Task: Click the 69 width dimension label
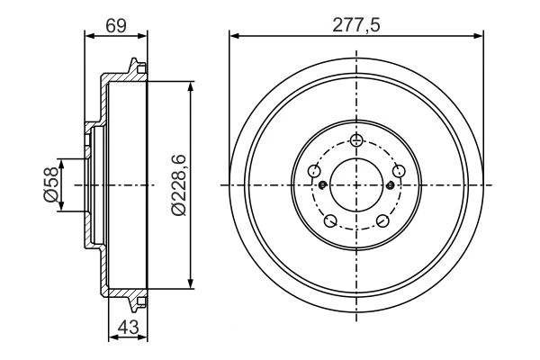[x=116, y=26]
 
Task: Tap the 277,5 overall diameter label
[x=356, y=25]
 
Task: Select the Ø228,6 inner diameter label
[x=178, y=185]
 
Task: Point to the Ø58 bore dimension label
[x=50, y=185]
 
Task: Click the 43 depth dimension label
[x=128, y=327]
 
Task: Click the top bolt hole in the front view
[x=356, y=139]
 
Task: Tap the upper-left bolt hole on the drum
[x=314, y=171]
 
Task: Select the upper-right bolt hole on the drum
[x=399, y=171]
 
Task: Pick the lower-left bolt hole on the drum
[x=330, y=220]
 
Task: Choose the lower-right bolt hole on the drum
[x=382, y=220]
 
